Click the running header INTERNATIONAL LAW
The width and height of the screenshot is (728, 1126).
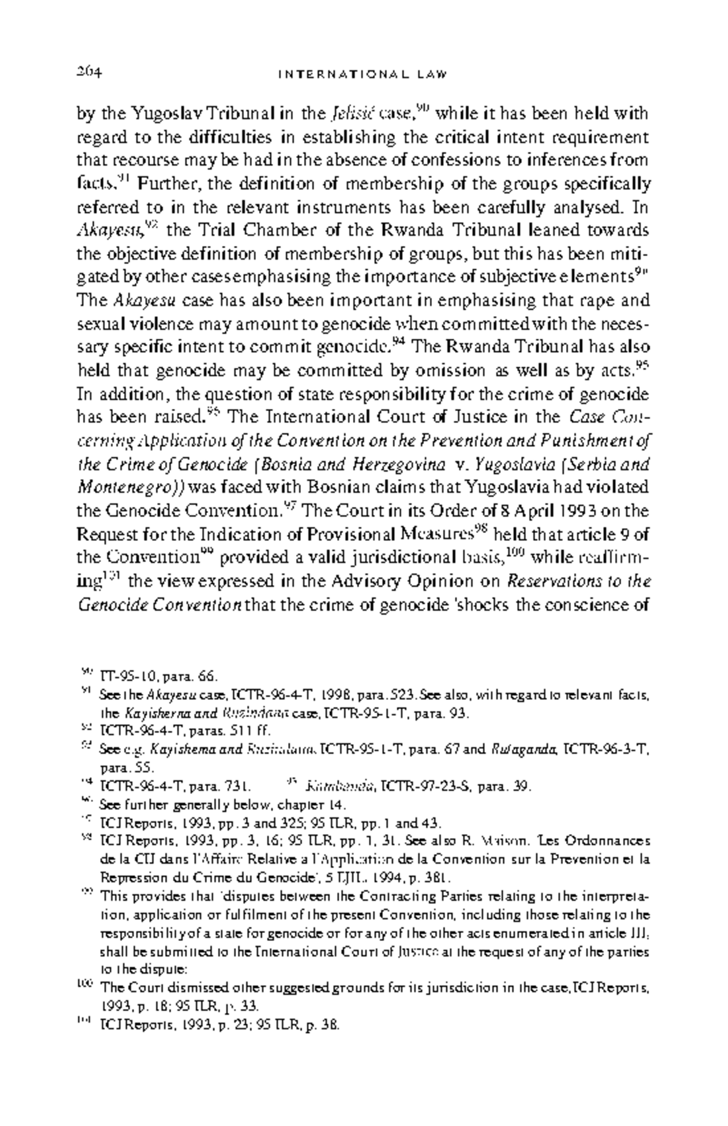(363, 75)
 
